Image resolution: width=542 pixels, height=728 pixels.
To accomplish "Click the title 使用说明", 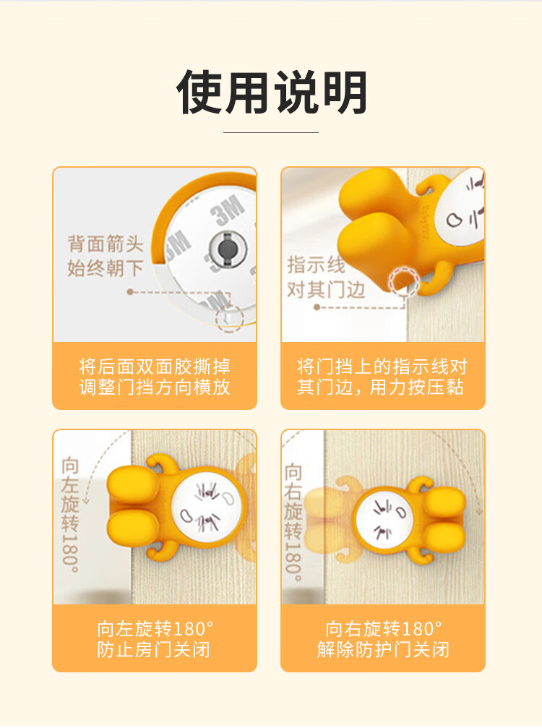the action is coord(272,92).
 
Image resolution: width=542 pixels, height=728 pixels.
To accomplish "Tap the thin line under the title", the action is coord(271,132).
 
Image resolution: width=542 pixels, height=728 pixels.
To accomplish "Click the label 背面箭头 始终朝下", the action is coord(106,256).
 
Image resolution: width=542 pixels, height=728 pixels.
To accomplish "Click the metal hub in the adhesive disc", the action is coord(228,247).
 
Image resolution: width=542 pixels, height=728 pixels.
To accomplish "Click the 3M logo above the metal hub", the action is coord(227,210).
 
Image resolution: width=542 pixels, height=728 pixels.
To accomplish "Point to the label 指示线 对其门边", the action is coord(326,277).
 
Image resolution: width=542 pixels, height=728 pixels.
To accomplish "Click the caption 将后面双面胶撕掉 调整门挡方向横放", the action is coord(155,377).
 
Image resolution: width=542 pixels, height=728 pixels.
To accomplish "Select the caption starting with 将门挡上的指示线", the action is coord(382,377).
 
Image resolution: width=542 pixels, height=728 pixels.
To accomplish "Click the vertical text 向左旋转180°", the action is coord(71,515).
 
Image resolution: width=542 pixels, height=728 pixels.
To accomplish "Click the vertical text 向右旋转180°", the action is coord(293,522).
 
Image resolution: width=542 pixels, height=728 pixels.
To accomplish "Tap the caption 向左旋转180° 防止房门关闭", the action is coord(155,639).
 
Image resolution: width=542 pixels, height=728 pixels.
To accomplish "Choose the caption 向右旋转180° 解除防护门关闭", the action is coord(383,639).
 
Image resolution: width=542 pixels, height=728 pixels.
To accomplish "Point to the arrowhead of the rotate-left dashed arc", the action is coord(86,501).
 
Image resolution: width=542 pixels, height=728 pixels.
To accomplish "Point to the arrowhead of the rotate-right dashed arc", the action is coord(478,510).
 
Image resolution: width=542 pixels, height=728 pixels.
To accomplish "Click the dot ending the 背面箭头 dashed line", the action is coord(130,292).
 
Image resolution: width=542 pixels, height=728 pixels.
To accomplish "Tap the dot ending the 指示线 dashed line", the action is coord(317,307).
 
